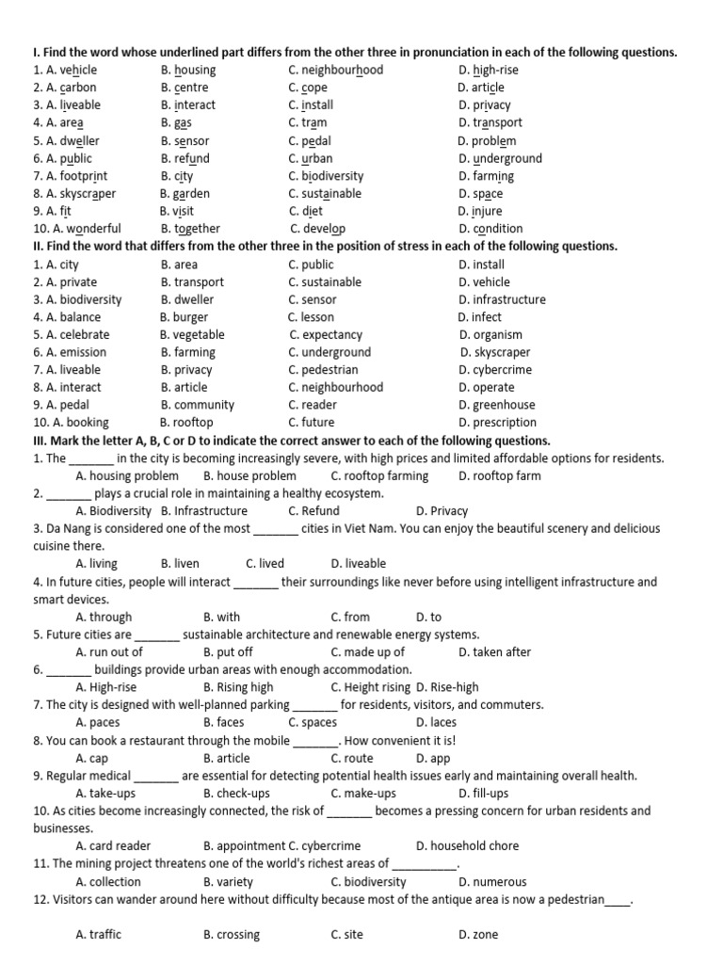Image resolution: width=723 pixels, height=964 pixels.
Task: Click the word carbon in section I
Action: (78, 88)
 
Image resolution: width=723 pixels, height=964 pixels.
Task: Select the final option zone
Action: (485, 935)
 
